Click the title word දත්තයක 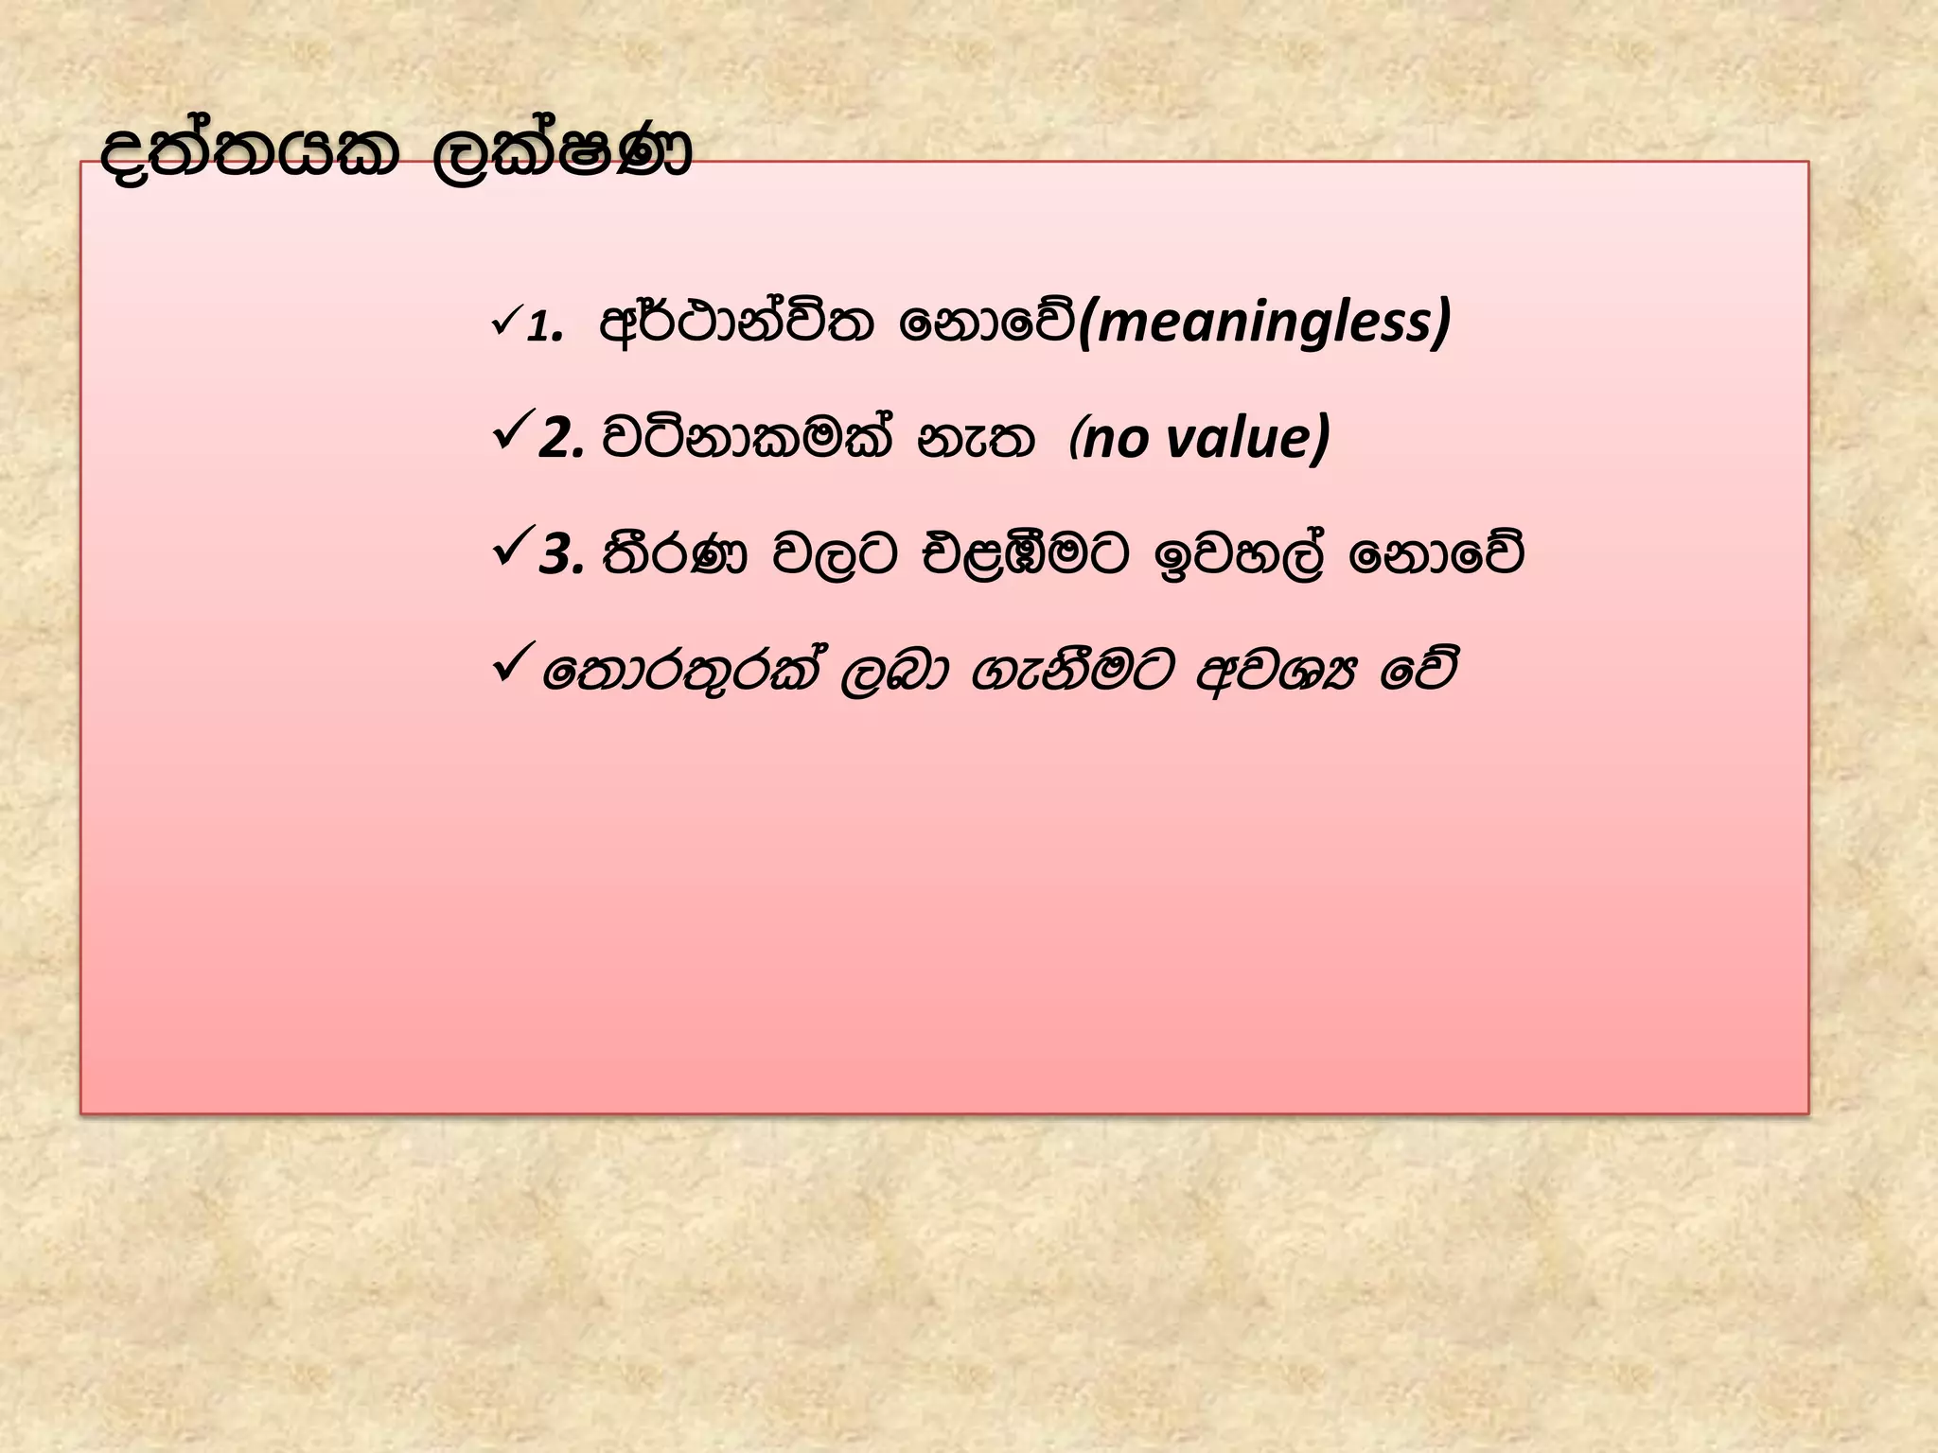[250, 154]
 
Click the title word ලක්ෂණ [562, 154]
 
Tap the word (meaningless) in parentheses [1264, 322]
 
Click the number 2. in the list [561, 440]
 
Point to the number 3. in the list [561, 556]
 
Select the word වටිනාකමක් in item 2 [747, 438]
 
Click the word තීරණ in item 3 [674, 554]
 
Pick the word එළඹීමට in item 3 [1026, 554]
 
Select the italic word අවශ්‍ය [1277, 672]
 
